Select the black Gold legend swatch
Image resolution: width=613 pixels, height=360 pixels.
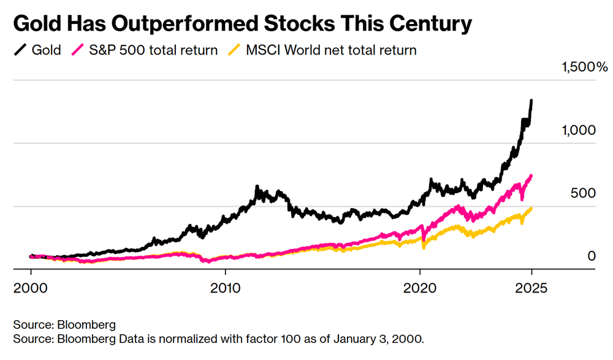click(20, 50)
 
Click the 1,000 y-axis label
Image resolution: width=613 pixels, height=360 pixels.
click(578, 130)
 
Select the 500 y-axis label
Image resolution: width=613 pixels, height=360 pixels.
click(583, 193)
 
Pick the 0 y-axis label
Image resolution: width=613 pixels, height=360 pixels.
click(592, 255)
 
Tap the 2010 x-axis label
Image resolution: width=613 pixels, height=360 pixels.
click(225, 287)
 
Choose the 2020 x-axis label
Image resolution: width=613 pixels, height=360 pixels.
click(420, 287)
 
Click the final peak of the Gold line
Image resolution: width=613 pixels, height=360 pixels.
click(531, 100)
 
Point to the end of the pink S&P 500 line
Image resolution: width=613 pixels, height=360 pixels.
click(531, 176)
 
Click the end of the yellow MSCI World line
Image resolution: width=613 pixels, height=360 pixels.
click(531, 209)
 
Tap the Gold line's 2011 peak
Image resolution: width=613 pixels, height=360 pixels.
click(257, 186)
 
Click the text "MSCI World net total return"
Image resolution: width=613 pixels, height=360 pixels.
click(331, 50)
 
